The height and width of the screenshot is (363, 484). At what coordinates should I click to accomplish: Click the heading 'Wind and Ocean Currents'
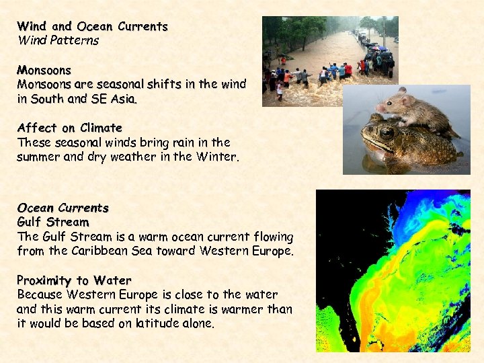(x=92, y=27)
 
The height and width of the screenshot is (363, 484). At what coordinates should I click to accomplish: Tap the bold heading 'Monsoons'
(x=44, y=70)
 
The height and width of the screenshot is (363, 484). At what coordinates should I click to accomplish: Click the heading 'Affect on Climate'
(x=69, y=128)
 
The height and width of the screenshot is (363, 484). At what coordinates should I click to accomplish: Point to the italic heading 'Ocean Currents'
(x=63, y=208)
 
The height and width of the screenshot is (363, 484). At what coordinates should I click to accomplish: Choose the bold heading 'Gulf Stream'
(x=52, y=222)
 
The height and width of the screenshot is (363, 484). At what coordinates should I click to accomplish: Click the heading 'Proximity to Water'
(x=74, y=280)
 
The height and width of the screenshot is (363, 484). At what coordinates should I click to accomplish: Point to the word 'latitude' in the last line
(x=158, y=323)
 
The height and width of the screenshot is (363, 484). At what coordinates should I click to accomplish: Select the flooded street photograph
(x=329, y=61)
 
